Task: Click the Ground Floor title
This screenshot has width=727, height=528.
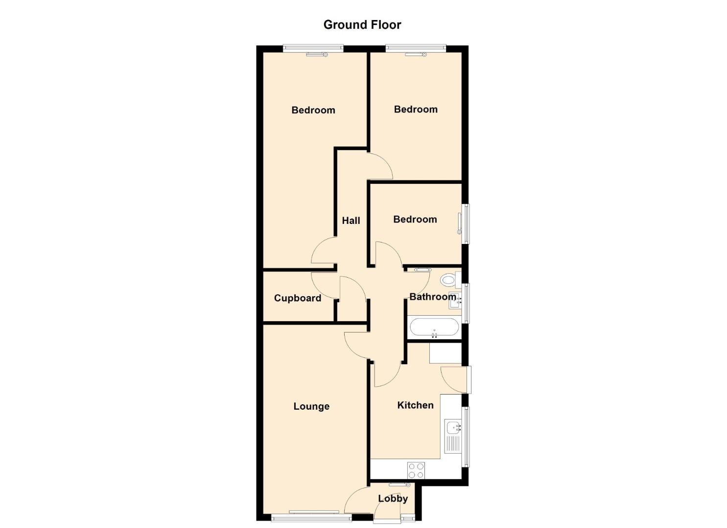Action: (362, 25)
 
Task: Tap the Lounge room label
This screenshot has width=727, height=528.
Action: (311, 406)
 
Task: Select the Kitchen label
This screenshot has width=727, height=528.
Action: (416, 405)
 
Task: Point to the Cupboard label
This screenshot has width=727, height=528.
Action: (298, 298)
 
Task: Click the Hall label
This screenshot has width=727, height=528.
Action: (351, 220)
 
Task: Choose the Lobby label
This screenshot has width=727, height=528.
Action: (393, 499)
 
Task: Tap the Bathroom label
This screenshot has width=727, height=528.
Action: (433, 297)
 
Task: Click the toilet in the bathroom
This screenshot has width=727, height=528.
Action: (450, 280)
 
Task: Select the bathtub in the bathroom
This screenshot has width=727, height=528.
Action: (434, 328)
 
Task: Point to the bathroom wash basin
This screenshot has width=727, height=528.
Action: (455, 300)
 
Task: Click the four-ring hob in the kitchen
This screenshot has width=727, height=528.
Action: (416, 470)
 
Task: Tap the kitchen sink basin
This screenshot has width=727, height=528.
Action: (453, 428)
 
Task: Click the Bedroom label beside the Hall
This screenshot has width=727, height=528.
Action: (415, 220)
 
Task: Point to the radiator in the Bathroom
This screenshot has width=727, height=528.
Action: (422, 270)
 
